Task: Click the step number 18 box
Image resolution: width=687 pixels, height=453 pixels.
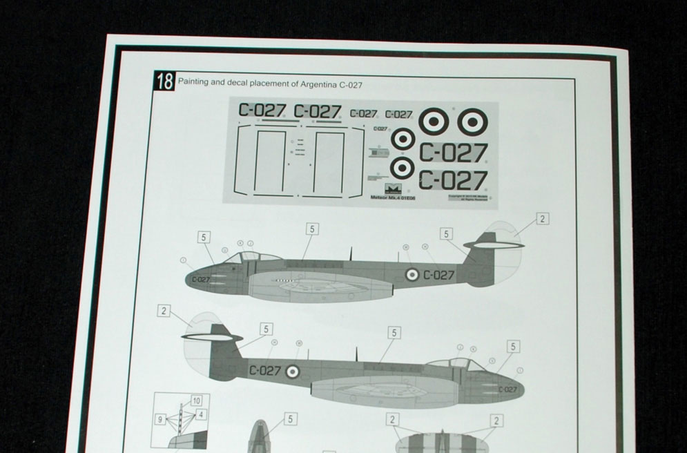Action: coord(165,81)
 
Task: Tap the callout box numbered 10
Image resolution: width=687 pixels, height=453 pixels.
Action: coord(197,401)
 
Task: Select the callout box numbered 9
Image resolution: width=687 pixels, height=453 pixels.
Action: coord(160,418)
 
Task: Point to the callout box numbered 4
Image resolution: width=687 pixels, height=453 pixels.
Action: coord(201,414)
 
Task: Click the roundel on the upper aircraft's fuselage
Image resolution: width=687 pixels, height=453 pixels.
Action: coord(412,275)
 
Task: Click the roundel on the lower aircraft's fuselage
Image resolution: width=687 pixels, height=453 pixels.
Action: coord(293,372)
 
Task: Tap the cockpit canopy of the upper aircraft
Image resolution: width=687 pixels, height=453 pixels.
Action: coord(251,257)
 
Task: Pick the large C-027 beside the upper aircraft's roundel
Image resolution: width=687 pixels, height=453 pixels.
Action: coord(439,275)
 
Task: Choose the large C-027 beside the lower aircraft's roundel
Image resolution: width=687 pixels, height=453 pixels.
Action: coord(265,371)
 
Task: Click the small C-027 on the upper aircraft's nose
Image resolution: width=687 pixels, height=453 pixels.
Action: coord(201,280)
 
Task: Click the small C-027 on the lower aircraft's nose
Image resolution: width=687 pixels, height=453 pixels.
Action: coord(507,389)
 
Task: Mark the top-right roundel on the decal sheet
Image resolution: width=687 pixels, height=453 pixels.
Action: coord(472,122)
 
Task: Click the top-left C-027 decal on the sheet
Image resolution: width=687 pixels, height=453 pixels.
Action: coord(262,110)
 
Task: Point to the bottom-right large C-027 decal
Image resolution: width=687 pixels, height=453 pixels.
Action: coord(453,181)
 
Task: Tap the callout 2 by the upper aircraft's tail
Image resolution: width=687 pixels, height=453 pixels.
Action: coord(543,219)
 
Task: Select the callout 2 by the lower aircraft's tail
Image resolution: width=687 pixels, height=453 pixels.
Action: coord(164,311)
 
